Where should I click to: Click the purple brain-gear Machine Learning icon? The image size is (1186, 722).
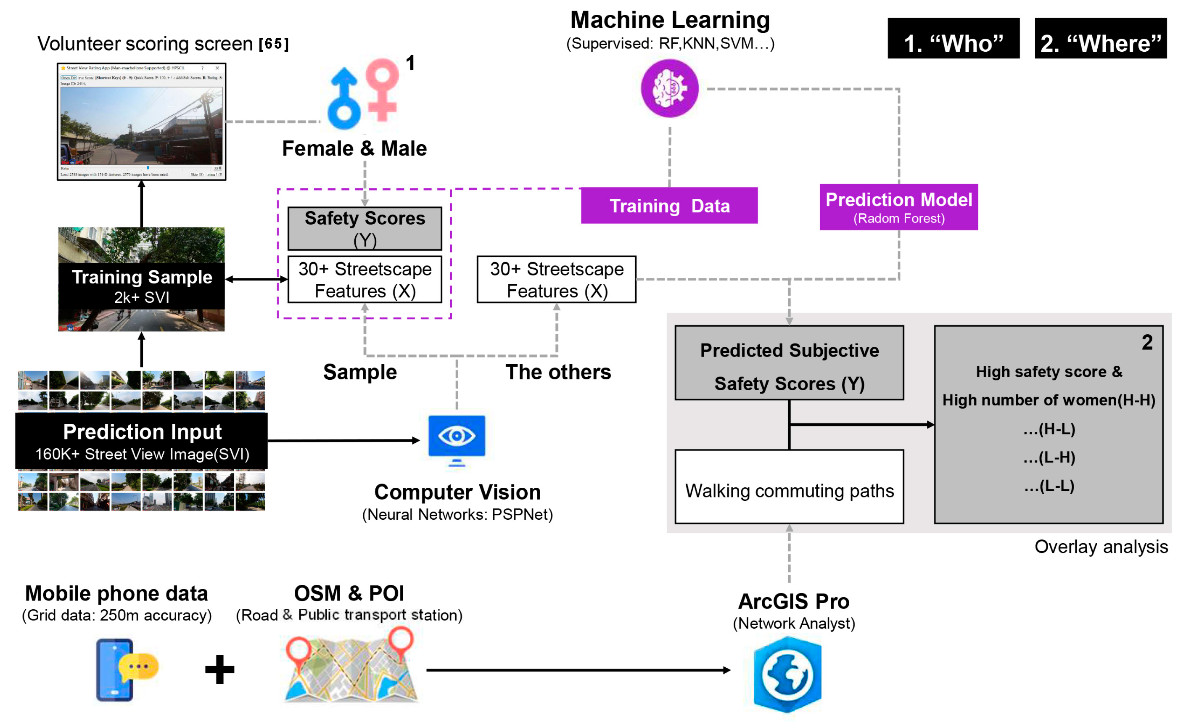point(670,89)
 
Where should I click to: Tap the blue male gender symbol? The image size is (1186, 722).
point(343,100)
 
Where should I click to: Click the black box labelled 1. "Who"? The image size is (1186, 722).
point(953,39)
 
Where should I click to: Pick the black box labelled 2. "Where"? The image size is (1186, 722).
point(1100,39)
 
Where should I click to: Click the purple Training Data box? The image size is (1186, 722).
point(669,206)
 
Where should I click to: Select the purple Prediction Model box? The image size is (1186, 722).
point(899,207)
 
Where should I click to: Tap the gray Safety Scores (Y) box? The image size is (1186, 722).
point(365,229)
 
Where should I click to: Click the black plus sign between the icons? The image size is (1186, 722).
point(219,669)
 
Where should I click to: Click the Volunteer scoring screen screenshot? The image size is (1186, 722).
point(142,122)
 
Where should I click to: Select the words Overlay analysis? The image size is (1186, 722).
point(1101,547)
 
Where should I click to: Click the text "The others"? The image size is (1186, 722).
point(558,372)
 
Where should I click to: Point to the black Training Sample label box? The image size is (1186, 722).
point(142,286)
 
